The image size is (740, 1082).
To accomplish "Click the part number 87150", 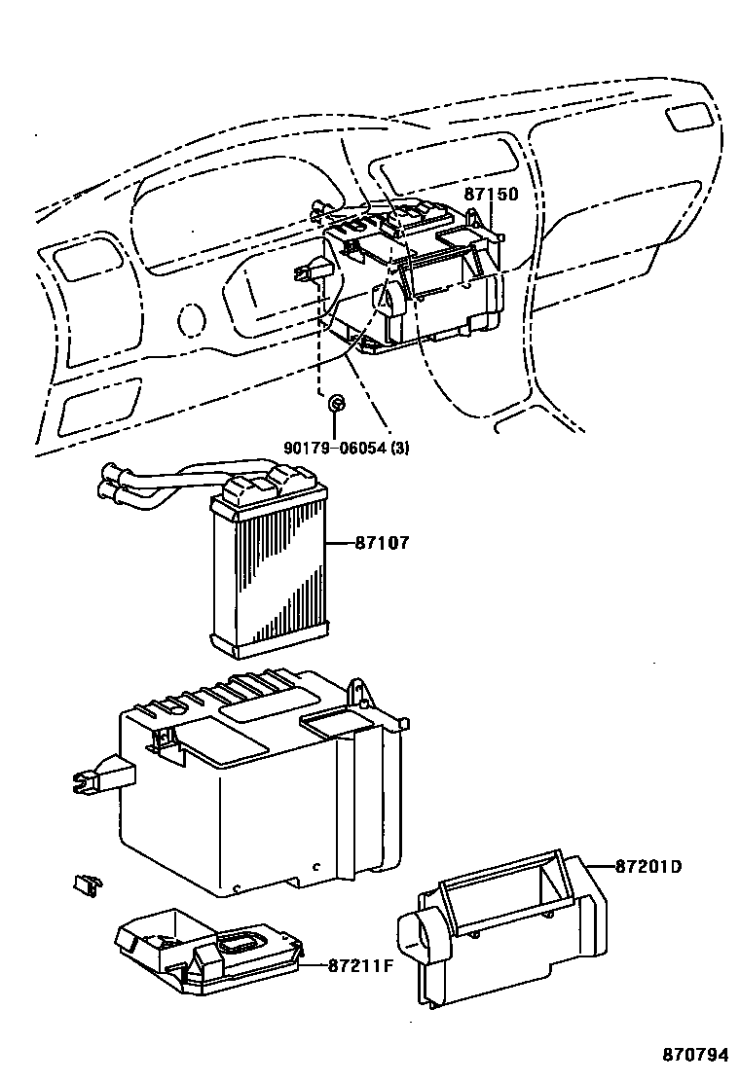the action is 490,194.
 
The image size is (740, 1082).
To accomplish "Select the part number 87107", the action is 382,543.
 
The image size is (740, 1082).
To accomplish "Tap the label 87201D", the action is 648,866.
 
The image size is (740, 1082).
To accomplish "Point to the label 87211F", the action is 359,965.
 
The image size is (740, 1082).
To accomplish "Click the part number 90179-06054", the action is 335,448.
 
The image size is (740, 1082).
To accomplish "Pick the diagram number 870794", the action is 695,1055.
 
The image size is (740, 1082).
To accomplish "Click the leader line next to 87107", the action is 340,544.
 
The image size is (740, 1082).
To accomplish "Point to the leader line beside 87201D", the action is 599,865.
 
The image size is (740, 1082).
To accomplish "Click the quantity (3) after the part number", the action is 400,448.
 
